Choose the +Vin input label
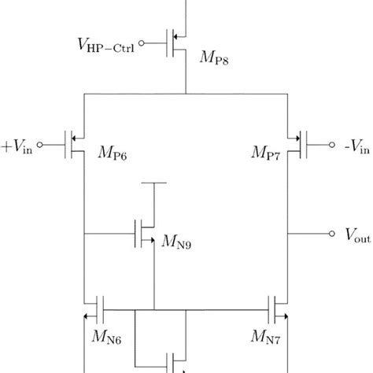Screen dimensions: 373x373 coord(17,146)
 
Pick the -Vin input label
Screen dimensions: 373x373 coord(356,146)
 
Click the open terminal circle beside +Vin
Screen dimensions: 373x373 coord(40,146)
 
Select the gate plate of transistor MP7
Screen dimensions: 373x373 coord(307,146)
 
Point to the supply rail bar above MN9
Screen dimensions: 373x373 coord(153,183)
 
